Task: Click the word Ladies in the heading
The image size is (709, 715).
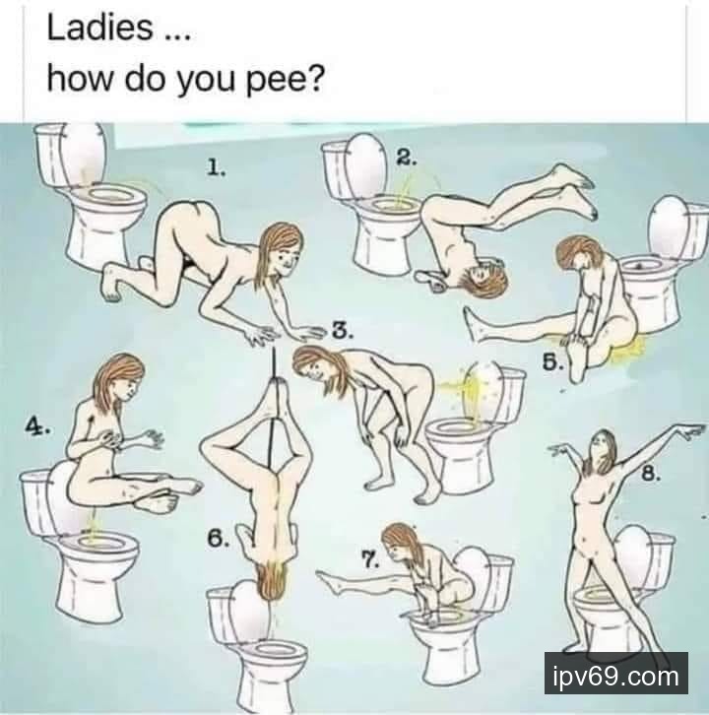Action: tap(99, 28)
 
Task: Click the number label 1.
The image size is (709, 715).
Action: tap(216, 167)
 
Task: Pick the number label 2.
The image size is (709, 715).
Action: tap(406, 158)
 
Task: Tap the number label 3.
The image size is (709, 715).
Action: tap(343, 331)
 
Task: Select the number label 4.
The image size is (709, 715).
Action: tap(37, 427)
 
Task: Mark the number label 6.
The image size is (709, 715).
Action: tap(218, 539)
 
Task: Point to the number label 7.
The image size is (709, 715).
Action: tap(370, 559)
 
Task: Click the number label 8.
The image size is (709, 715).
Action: tap(651, 474)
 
